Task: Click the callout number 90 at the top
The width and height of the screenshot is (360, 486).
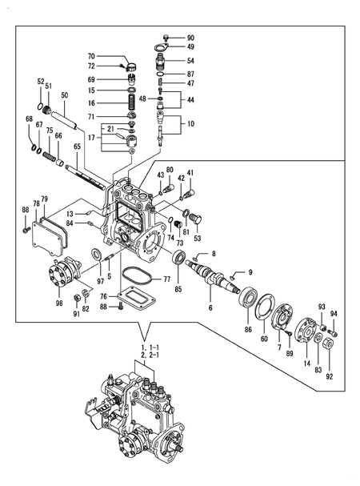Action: click(x=190, y=38)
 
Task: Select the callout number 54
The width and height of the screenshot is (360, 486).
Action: click(x=190, y=60)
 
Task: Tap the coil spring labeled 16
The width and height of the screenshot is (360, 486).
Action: click(x=132, y=102)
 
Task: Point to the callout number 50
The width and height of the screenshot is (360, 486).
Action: click(x=65, y=95)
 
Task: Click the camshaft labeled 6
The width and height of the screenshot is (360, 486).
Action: click(x=213, y=276)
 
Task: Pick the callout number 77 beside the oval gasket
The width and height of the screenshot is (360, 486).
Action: click(x=166, y=279)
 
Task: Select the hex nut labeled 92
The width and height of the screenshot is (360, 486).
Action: click(x=329, y=344)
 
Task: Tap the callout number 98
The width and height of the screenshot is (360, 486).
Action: click(x=59, y=303)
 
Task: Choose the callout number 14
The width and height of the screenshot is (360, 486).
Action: click(x=306, y=363)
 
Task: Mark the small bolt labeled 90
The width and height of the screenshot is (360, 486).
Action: click(x=166, y=38)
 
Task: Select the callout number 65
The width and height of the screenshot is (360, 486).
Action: click(x=77, y=146)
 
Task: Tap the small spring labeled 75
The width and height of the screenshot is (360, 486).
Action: click(x=49, y=155)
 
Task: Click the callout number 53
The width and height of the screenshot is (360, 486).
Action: click(x=197, y=238)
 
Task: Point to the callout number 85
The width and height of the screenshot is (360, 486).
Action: click(x=178, y=289)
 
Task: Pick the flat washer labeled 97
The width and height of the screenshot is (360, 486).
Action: click(x=97, y=255)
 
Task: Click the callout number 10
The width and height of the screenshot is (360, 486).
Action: click(x=190, y=123)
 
